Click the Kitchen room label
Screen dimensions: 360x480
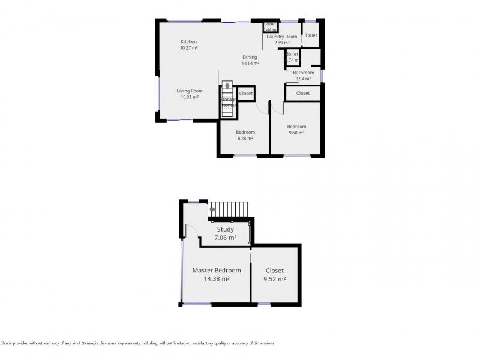(189, 41)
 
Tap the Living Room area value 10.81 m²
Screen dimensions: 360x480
(189, 97)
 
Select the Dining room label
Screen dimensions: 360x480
(250, 57)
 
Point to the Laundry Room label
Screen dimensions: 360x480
(281, 37)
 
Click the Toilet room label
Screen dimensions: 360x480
(311, 35)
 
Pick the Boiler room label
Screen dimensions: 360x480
(292, 54)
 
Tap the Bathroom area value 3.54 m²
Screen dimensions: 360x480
(303, 79)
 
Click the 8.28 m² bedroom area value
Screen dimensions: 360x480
(245, 139)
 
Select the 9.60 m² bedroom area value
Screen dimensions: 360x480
(296, 133)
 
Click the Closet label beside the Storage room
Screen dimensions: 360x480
(246, 94)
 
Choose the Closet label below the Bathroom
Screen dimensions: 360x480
(303, 93)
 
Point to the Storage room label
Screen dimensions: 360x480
(228, 100)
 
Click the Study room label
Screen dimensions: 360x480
(226, 229)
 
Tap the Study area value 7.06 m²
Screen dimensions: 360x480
(226, 238)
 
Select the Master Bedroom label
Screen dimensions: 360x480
(217, 271)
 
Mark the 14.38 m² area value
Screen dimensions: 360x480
(217, 279)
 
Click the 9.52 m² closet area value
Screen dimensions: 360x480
(275, 279)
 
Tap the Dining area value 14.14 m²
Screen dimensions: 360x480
(250, 63)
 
